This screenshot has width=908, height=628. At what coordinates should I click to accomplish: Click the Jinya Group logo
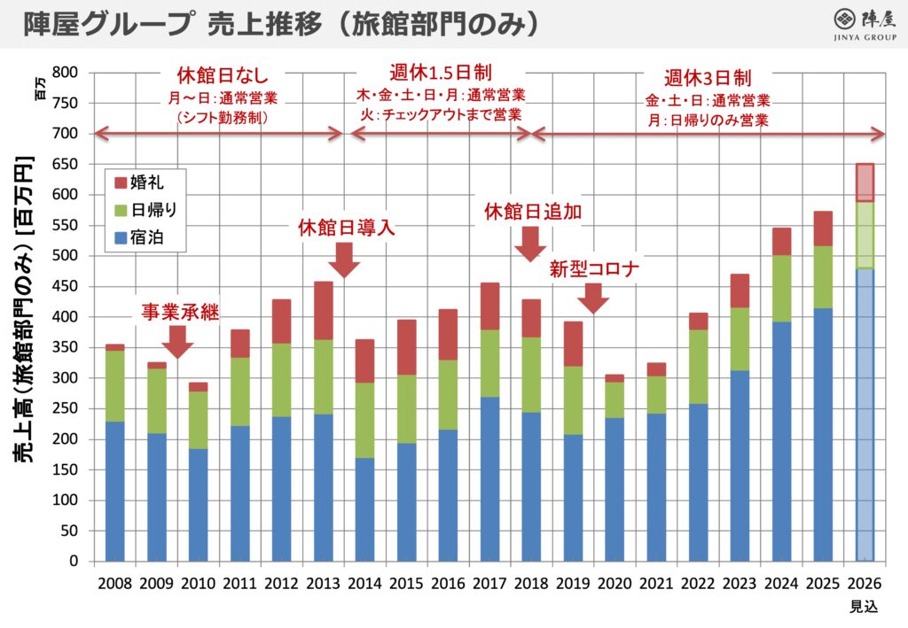pyautogui.click(x=865, y=25)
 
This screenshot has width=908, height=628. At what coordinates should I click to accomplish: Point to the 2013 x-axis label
pyautogui.click(x=323, y=584)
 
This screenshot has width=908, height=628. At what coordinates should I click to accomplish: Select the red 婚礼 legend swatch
pyautogui.click(x=121, y=183)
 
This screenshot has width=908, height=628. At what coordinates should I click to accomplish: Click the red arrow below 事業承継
pyautogui.click(x=177, y=342)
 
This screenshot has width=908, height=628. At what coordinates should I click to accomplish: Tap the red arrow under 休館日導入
pyautogui.click(x=344, y=260)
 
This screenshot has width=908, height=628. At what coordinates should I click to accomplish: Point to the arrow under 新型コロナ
pyautogui.click(x=593, y=298)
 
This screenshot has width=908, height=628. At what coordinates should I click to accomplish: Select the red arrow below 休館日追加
pyautogui.click(x=530, y=244)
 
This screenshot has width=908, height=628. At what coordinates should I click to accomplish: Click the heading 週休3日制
pyautogui.click(x=707, y=78)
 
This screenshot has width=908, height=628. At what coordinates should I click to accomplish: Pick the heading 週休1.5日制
pyautogui.click(x=441, y=73)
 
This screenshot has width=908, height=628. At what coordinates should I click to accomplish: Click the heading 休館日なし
pyautogui.click(x=223, y=75)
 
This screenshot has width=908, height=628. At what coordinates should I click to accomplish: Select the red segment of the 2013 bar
pyautogui.click(x=323, y=311)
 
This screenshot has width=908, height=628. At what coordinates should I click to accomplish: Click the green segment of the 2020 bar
pyautogui.click(x=614, y=400)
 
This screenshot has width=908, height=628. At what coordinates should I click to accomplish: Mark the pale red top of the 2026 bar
pyautogui.click(x=865, y=182)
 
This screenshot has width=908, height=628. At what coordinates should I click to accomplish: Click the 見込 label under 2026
pyautogui.click(x=864, y=606)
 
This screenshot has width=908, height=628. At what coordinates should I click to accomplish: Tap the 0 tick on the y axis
pyautogui.click(x=74, y=561)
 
